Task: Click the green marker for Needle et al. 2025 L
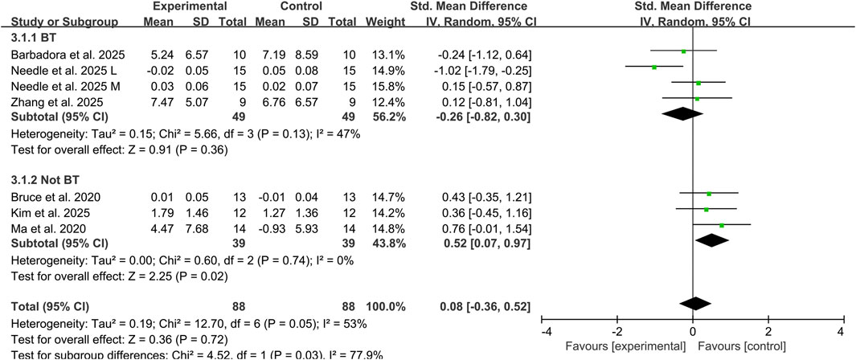click(x=654, y=67)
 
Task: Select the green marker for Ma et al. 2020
click(x=721, y=226)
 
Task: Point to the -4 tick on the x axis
click(x=544, y=332)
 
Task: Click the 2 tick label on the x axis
click(x=767, y=332)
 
